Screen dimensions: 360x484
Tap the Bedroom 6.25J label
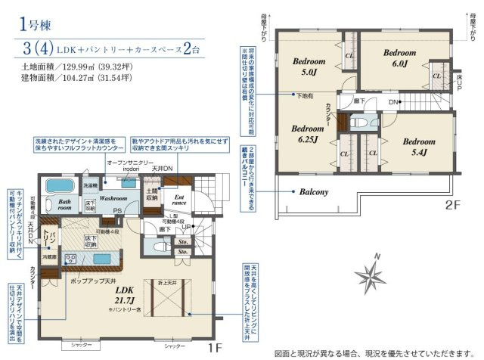(x=308, y=133)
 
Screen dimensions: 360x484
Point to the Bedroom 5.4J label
(x=418, y=146)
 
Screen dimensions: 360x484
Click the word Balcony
(x=313, y=192)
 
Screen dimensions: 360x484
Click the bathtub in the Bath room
(x=58, y=185)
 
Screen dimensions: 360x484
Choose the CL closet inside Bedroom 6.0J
(x=437, y=76)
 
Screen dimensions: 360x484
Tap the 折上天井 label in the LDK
(x=167, y=282)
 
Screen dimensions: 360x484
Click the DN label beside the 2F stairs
(x=394, y=102)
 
